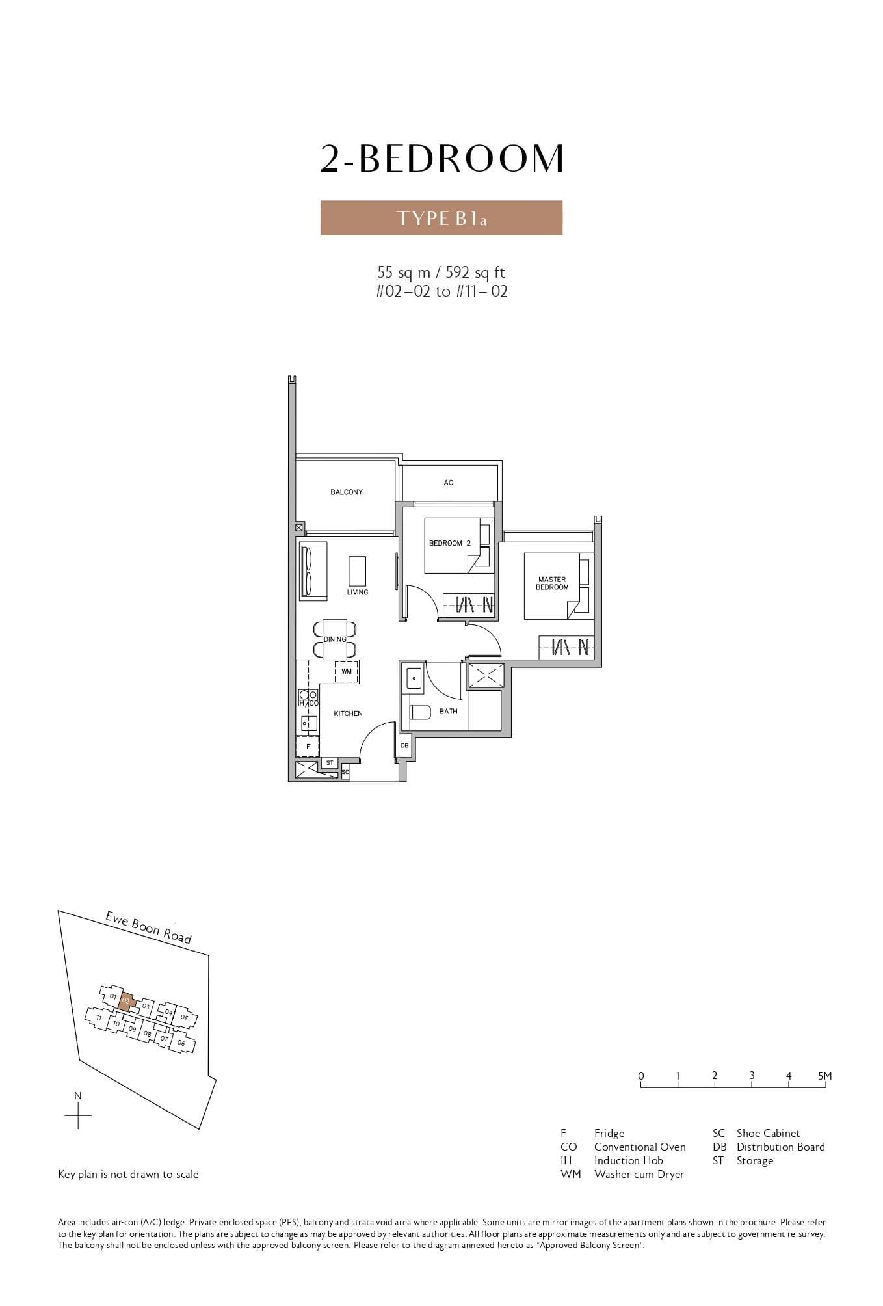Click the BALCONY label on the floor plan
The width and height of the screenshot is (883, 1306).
[346, 492]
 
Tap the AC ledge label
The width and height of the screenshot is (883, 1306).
[448, 483]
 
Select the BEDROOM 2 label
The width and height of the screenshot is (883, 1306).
[449, 543]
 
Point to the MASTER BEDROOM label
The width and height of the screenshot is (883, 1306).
[552, 583]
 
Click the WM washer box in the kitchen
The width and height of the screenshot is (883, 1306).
[346, 671]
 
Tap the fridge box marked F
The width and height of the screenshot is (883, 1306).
[308, 747]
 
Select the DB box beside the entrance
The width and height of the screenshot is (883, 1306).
[404, 745]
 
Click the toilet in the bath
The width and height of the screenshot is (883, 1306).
[419, 712]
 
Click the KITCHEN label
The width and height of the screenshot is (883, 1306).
[348, 713]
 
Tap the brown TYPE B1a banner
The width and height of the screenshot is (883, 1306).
[441, 218]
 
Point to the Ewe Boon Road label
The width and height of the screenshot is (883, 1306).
[149, 927]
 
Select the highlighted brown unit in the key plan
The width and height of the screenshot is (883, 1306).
[127, 1002]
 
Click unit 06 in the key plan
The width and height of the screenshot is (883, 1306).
[181, 1043]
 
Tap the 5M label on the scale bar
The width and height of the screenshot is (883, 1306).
[824, 1076]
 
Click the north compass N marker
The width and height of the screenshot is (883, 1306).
[78, 1096]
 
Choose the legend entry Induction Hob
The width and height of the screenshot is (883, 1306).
[628, 1160]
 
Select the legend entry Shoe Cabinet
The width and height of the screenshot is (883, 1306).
[767, 1133]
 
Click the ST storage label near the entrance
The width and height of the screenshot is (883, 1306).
[330, 763]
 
